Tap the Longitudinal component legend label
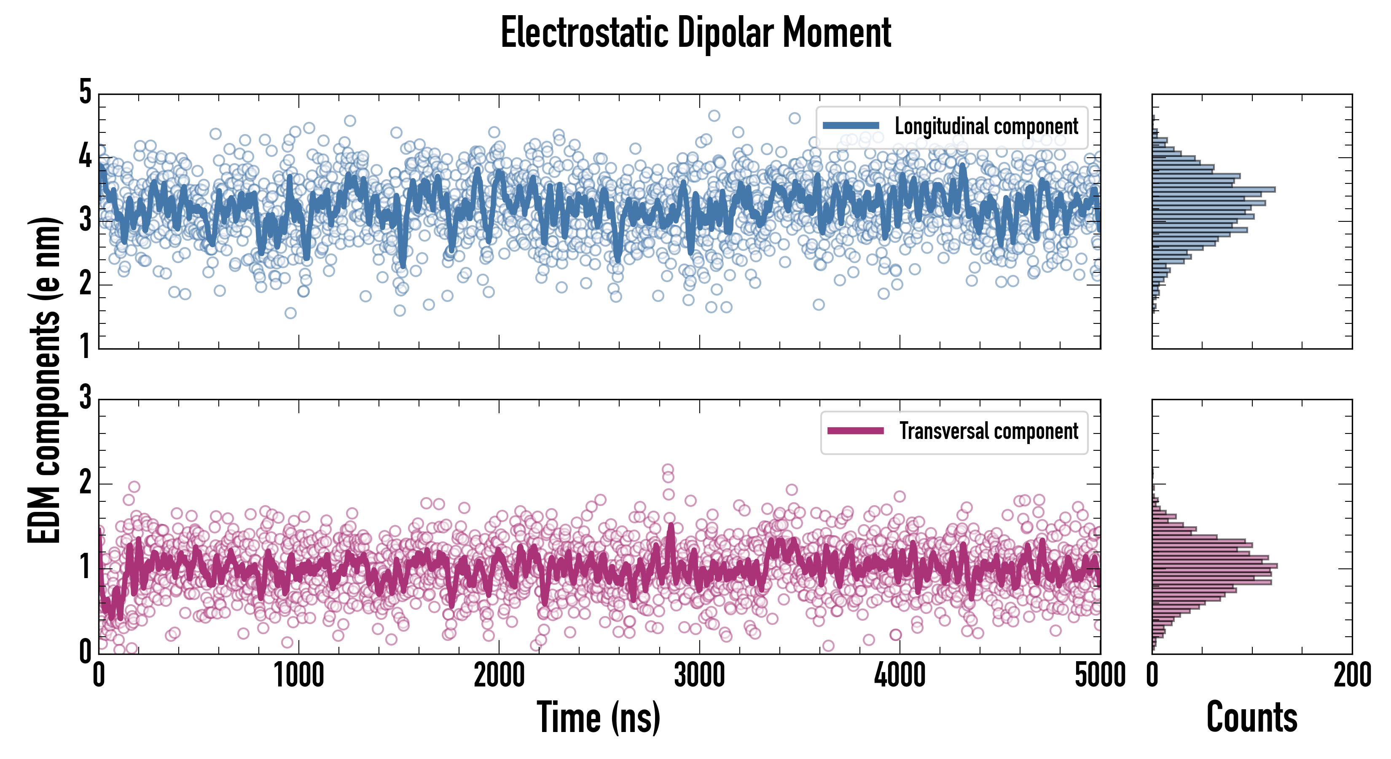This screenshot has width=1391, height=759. click(x=986, y=126)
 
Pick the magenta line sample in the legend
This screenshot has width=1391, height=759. click(x=855, y=431)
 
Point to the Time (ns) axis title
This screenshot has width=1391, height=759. click(x=598, y=717)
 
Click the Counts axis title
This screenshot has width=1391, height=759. click(x=1251, y=717)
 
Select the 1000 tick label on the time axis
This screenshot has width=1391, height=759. click(x=298, y=675)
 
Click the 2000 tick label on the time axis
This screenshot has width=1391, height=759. click(x=499, y=675)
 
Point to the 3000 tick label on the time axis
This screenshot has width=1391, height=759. click(x=699, y=675)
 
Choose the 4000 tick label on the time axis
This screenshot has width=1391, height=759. click(x=900, y=675)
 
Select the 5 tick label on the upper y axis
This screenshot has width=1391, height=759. click(x=85, y=92)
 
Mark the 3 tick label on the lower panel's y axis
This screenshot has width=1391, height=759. click(x=85, y=398)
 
